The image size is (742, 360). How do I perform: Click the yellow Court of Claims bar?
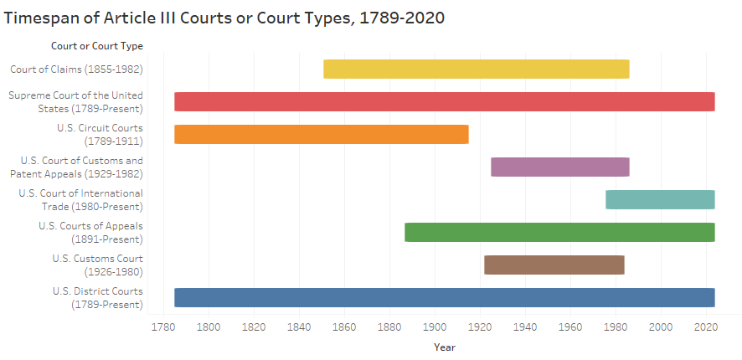point(476,69)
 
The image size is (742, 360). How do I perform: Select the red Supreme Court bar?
point(444,101)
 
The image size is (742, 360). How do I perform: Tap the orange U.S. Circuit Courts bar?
point(321,134)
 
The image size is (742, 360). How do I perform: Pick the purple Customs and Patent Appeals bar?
point(559,167)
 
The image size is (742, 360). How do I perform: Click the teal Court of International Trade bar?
point(660,199)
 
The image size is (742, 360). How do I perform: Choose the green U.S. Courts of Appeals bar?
point(559,232)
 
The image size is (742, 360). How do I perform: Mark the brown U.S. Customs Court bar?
point(554,265)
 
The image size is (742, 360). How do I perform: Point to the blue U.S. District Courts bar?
point(444,297)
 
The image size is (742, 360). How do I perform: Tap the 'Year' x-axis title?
point(444,347)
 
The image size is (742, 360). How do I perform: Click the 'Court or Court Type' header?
point(96,45)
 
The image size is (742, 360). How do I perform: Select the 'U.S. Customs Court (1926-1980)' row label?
point(97,265)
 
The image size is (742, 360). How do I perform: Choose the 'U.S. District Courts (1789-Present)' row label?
point(97,297)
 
